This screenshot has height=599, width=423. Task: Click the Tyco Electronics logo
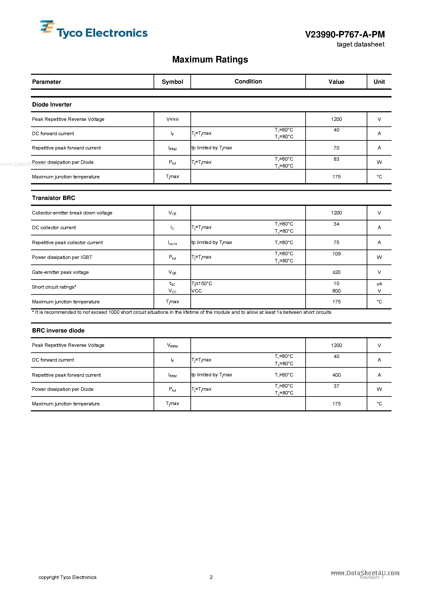94,30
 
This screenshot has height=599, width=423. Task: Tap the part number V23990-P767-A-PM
345,34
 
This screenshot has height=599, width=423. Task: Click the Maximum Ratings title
210,59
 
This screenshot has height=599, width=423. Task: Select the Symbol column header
172,82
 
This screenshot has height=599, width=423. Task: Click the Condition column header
248,81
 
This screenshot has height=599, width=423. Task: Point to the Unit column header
379,82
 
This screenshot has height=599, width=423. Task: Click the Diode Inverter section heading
52,105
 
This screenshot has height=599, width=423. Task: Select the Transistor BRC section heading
53,198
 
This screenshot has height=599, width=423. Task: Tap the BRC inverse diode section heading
58,331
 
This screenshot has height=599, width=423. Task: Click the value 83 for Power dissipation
336,159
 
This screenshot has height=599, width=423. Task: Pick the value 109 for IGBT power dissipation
336,254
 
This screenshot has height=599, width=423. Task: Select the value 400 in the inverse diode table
336,375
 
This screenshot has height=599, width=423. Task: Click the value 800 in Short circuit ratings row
336,291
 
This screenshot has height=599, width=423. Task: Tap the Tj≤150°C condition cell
202,284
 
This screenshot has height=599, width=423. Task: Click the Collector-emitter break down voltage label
72,213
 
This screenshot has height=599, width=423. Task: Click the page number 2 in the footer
211,577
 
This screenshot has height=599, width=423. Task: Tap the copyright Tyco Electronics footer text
67,577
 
